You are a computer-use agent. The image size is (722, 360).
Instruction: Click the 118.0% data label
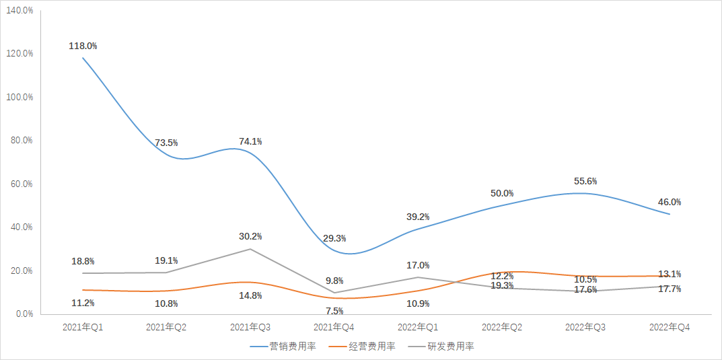tap(83, 46)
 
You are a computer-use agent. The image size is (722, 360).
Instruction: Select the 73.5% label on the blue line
tap(166, 143)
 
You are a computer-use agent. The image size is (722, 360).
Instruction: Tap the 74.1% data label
tap(250, 141)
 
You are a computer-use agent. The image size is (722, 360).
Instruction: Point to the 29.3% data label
tap(334, 238)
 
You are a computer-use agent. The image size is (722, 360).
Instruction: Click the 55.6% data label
tap(585, 181)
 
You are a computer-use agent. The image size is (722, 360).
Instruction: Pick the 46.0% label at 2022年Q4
tap(670, 202)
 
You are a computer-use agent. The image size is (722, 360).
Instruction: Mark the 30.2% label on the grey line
tap(250, 236)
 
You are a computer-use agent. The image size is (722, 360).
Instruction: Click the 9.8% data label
tap(334, 281)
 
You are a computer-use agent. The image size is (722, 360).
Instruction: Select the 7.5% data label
tap(334, 311)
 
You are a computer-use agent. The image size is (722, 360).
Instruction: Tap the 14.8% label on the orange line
tap(250, 295)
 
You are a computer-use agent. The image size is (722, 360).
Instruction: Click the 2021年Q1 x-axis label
tap(83, 326)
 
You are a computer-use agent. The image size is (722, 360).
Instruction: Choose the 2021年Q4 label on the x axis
tap(334, 326)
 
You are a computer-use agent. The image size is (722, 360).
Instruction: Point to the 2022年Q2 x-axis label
tap(502, 326)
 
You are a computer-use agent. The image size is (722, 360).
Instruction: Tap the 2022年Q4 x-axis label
tap(670, 326)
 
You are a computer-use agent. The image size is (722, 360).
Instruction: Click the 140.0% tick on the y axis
tap(20, 10)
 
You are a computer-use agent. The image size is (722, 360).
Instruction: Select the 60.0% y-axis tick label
tap(22, 184)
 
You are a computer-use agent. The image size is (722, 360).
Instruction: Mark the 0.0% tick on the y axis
tap(24, 314)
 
